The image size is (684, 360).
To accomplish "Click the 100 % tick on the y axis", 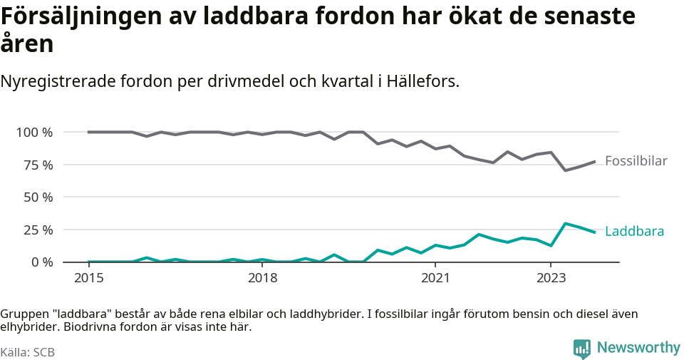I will click(x=33, y=133).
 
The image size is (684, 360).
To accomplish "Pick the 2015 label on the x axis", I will click(x=88, y=277).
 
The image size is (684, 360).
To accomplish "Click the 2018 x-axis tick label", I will click(x=262, y=277).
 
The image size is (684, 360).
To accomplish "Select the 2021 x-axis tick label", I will click(x=435, y=277).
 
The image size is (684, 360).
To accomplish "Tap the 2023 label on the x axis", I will click(x=551, y=277).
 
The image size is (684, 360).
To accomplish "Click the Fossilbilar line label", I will click(x=636, y=161).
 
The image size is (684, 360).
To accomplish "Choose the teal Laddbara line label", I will click(x=634, y=232).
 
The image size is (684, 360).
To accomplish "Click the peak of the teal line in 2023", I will click(x=565, y=223).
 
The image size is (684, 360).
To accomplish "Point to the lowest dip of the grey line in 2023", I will click(x=565, y=170).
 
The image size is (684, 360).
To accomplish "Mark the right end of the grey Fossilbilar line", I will click(x=595, y=161).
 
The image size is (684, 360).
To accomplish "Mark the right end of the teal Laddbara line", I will click(x=595, y=232).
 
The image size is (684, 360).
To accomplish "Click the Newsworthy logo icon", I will click(x=582, y=348).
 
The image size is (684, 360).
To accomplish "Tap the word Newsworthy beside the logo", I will click(x=638, y=348).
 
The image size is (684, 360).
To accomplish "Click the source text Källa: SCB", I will click(x=28, y=352).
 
